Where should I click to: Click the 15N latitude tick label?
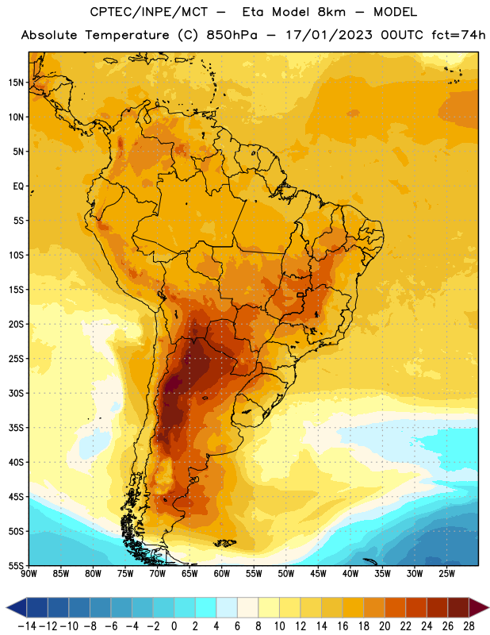pyautogui.click(x=16, y=83)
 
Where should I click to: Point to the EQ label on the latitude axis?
pyautogui.click(x=18, y=187)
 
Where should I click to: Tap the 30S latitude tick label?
pyautogui.click(x=16, y=393)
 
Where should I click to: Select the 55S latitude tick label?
pyautogui.click(x=16, y=566)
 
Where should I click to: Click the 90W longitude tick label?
pyautogui.click(x=29, y=573)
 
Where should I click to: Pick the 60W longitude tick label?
pyautogui.click(x=222, y=573)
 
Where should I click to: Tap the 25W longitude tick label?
pyautogui.click(x=446, y=573)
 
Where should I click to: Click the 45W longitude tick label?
pyautogui.click(x=318, y=573)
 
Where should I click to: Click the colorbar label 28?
pyautogui.click(x=469, y=626)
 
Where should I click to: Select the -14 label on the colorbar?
pyautogui.click(x=27, y=626)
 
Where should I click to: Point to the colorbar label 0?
pyautogui.click(x=174, y=626)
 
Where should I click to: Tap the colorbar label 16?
pyautogui.click(x=343, y=626)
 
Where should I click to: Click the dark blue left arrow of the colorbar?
pyautogui.click(x=17, y=607)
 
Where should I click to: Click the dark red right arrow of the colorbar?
pyautogui.click(x=479, y=607)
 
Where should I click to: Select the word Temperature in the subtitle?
pyautogui.click(x=127, y=36)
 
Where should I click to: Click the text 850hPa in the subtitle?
pyautogui.click(x=232, y=35)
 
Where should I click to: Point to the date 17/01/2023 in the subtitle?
pyautogui.click(x=329, y=35)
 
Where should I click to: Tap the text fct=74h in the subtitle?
pyautogui.click(x=458, y=35)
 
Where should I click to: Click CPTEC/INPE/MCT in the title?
pyautogui.click(x=149, y=12)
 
